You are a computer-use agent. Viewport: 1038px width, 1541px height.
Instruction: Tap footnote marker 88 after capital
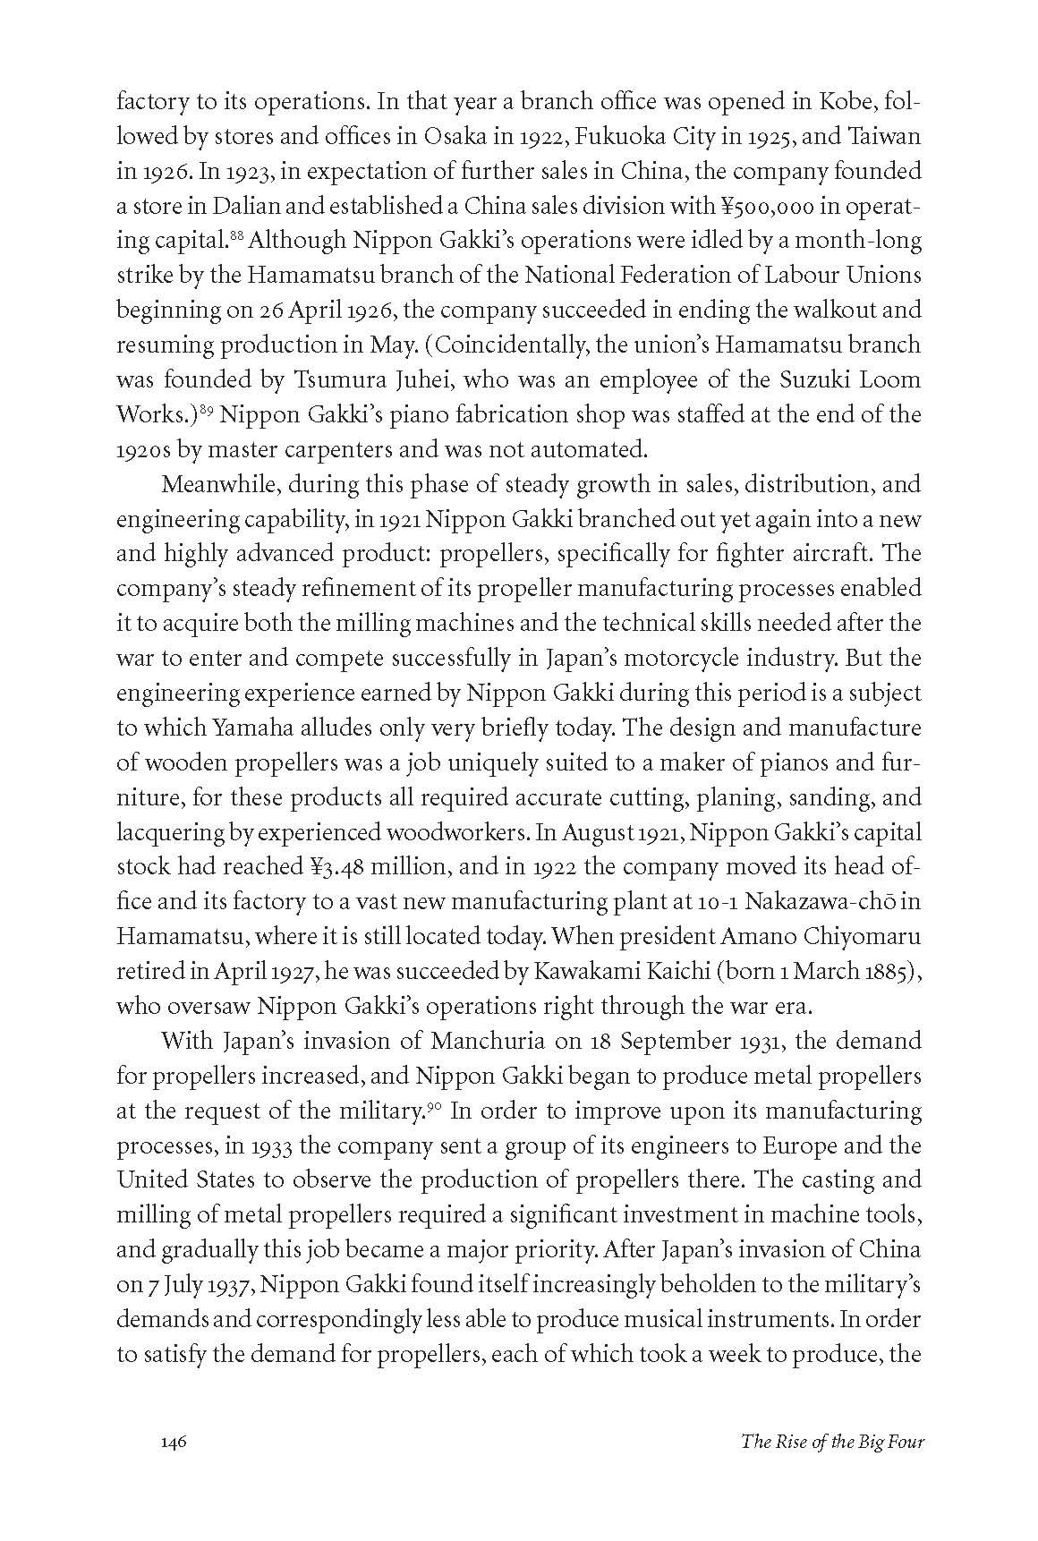pos(237,235)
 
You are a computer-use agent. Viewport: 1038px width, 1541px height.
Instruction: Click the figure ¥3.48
pos(340,866)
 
